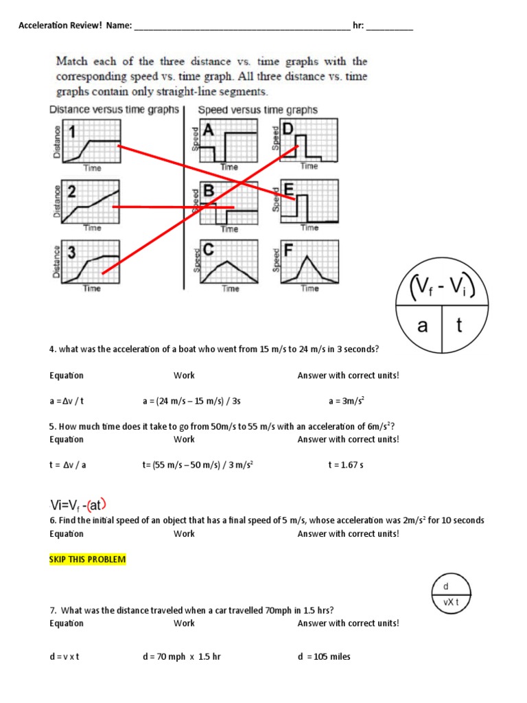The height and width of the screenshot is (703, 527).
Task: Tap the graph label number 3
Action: click(x=70, y=252)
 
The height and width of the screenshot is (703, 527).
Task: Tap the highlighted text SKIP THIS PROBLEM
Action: click(x=87, y=560)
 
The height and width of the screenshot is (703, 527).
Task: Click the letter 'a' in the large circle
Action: click(x=423, y=325)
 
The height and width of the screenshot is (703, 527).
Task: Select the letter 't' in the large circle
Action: click(x=459, y=325)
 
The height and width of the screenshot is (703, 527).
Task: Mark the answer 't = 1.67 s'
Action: click(x=346, y=465)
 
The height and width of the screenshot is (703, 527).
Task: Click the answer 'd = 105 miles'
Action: click(x=324, y=656)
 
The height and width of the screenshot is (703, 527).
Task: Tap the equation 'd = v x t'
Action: click(x=65, y=656)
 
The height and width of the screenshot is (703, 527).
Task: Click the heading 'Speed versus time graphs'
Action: click(x=257, y=110)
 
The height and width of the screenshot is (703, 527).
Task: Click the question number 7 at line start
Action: click(x=52, y=610)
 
